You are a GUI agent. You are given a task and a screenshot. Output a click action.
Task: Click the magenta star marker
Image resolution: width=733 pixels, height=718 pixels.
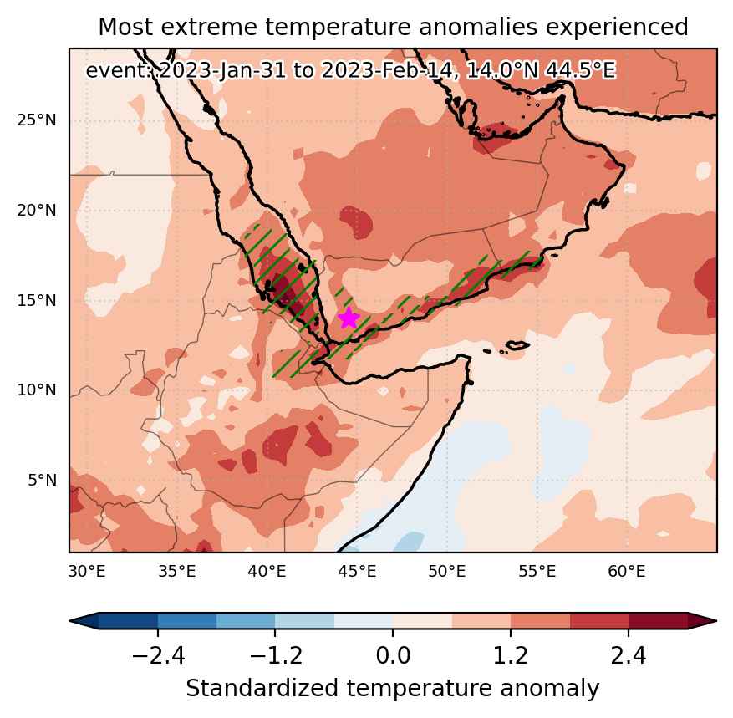coord(349,318)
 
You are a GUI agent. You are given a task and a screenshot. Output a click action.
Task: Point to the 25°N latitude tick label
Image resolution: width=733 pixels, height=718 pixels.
coord(37,120)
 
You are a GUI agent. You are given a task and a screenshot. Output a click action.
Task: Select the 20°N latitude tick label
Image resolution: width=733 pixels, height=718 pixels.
coord(37,211)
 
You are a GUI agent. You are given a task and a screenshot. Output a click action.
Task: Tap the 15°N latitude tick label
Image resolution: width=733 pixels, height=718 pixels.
coord(37,300)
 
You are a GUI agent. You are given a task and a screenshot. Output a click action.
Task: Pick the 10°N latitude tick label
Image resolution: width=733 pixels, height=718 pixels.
coord(37,390)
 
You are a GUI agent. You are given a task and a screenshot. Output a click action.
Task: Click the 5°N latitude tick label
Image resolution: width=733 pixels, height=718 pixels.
coord(42,480)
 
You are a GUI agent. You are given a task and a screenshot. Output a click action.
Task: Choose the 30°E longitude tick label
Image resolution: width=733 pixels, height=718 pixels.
coord(87,571)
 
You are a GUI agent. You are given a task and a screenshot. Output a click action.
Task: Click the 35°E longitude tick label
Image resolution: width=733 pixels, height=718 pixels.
coord(176,571)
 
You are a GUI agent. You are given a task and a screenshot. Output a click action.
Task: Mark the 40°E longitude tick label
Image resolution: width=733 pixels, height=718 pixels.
coord(267,571)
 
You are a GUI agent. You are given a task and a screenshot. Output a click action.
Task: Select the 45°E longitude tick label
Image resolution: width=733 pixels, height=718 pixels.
coord(357,571)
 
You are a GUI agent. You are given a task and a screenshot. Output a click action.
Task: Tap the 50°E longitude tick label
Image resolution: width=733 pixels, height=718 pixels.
coord(447,571)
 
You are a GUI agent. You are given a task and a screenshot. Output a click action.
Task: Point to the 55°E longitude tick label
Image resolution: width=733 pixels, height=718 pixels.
coord(537,571)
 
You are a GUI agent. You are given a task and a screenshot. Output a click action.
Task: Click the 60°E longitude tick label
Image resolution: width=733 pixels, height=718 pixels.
coord(627,571)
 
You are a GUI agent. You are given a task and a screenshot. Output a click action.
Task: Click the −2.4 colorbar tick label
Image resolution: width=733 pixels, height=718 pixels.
coord(158,655)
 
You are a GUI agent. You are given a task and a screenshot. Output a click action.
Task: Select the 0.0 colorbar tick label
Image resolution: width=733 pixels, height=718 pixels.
coord(393,655)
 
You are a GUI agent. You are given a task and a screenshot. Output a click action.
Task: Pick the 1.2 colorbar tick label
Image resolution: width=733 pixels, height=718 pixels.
coord(511,655)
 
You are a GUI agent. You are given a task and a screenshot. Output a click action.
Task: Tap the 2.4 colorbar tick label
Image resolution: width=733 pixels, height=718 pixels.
coord(629,655)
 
